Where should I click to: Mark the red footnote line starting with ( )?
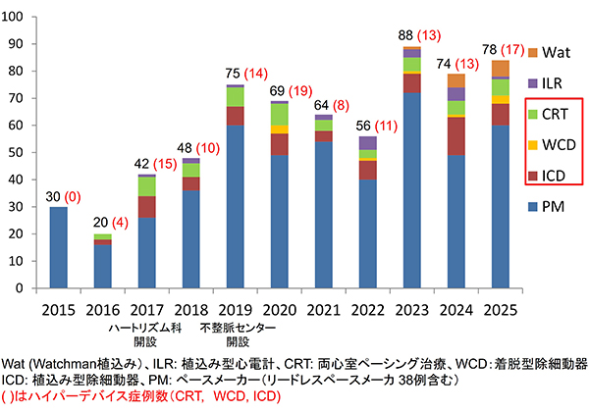point(143,395)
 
